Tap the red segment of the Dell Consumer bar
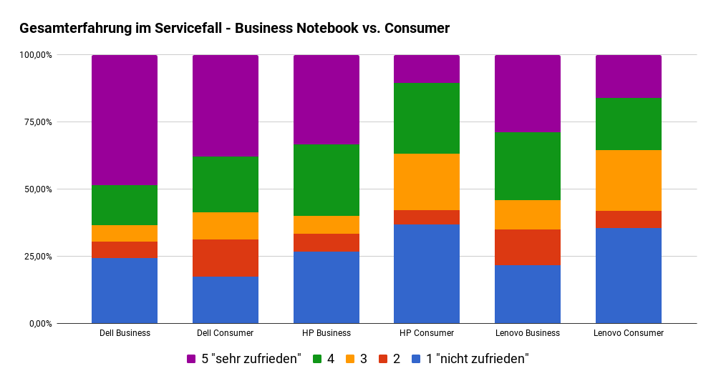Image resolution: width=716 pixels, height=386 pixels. (x=226, y=258)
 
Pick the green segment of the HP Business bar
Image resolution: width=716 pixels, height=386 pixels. (x=326, y=180)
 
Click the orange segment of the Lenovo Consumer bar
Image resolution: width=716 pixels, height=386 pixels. (x=629, y=180)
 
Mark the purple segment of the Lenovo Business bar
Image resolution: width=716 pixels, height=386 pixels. (x=528, y=94)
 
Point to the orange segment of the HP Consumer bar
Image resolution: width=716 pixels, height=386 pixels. (x=427, y=182)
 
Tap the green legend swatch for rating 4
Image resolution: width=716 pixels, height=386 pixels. (x=317, y=359)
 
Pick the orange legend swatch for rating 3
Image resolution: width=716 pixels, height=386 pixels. (x=350, y=359)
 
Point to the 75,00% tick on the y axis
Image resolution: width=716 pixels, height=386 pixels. (x=37, y=122)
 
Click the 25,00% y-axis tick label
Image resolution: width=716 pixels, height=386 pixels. (x=37, y=257)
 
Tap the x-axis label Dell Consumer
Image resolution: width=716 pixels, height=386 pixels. (x=226, y=333)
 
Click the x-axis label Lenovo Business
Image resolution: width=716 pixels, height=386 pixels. (x=528, y=333)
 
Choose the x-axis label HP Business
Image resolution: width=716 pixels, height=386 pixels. (x=326, y=333)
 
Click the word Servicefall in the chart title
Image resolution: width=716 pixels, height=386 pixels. (x=188, y=29)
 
